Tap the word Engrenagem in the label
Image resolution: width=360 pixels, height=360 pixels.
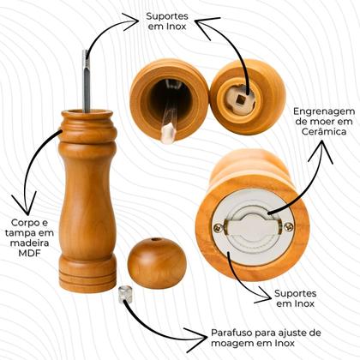click(321, 112)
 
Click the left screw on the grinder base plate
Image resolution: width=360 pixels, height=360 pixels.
click(219, 229)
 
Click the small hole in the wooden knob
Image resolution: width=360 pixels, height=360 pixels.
click(154, 242)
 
